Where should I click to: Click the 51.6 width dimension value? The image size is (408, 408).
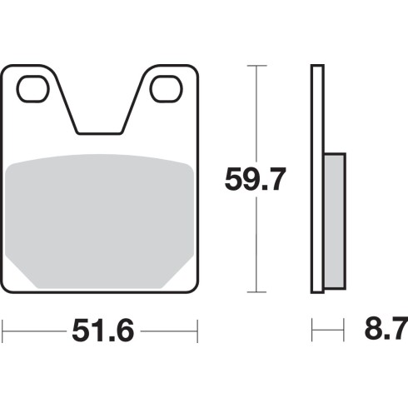[103, 331]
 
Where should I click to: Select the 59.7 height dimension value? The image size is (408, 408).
[255, 179]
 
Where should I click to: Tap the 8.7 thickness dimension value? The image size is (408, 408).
[386, 330]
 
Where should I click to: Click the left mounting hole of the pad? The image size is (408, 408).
[32, 89]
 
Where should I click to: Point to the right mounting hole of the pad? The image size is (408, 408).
[167, 89]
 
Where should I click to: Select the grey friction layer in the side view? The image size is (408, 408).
[335, 221]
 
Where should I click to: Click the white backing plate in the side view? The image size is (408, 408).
[317, 179]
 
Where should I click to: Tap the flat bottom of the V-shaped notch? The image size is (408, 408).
[99, 133]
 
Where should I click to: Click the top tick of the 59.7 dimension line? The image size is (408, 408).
[256, 66]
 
